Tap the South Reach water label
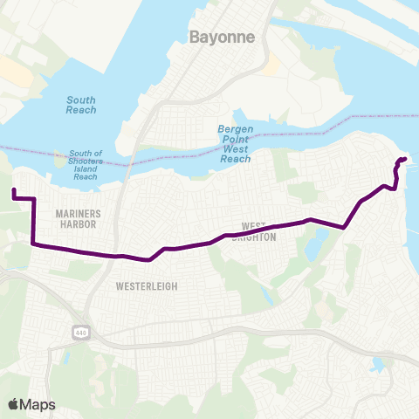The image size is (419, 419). [81, 105]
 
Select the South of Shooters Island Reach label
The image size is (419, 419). [86, 164]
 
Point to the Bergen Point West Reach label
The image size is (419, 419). [235, 144]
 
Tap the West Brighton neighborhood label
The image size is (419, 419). [253, 231]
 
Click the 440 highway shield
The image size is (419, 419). [80, 332]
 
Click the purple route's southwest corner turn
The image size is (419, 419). [33, 244]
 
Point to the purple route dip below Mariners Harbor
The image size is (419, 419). [152, 258]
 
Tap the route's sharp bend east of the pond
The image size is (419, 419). [346, 227]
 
